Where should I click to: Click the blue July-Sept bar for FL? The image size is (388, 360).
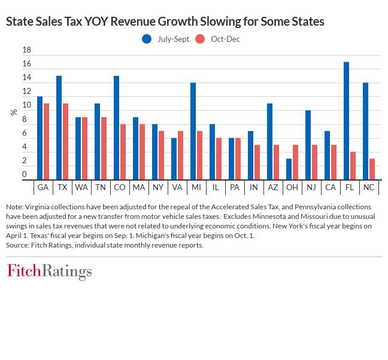click(346, 120)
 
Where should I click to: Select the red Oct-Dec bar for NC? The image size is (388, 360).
click(372, 169)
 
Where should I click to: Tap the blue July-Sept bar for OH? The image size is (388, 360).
click(289, 169)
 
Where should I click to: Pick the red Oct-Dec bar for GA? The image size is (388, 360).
click(46, 141)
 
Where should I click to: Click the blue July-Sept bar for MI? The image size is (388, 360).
click(193, 131)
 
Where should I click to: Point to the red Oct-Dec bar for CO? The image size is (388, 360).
click(123, 151)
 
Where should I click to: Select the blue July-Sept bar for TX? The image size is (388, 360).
click(59, 127)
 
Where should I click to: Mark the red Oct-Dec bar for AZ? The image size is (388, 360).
click(276, 161)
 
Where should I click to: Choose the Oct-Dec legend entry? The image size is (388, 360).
click(218, 39)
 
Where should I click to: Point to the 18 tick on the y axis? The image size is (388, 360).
click(26, 50)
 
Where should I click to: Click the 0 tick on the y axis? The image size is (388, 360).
click(25, 175)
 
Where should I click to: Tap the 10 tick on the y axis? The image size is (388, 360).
click(26, 106)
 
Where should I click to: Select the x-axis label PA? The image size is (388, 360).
click(234, 187)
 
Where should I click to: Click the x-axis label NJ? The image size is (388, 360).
click(311, 187)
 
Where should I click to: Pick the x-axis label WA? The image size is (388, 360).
click(81, 187)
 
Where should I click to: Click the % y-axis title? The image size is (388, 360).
click(14, 112)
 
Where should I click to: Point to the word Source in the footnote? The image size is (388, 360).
click(18, 245)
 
